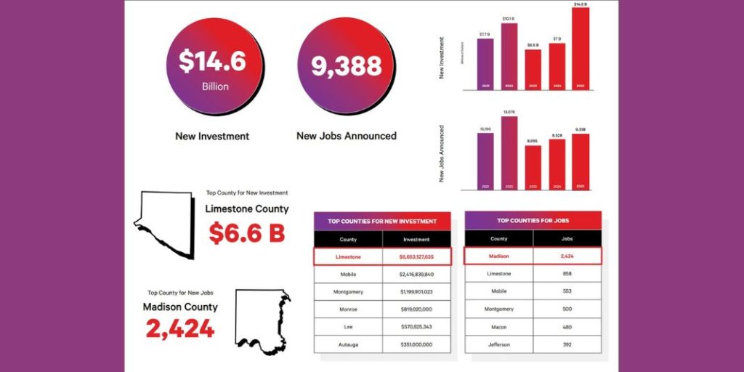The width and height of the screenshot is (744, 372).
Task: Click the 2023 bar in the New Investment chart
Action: [x=533, y=70]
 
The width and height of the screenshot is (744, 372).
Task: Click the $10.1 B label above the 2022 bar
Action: [x=509, y=19]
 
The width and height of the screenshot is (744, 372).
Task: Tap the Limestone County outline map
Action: [x=166, y=222]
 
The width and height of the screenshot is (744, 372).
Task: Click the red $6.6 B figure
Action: [x=246, y=233]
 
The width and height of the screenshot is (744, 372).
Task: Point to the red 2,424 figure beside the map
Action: [x=180, y=328]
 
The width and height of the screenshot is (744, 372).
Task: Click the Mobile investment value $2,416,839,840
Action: [x=416, y=274]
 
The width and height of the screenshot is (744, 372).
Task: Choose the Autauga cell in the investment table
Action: [x=348, y=344]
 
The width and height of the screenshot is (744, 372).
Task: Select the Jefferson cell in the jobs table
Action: [x=498, y=344]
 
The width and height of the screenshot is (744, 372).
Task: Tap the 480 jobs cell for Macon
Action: [x=567, y=326]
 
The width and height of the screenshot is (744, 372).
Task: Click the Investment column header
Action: [x=416, y=239]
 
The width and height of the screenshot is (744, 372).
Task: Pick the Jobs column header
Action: [x=567, y=238]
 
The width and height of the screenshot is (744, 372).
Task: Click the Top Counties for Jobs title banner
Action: [x=533, y=220]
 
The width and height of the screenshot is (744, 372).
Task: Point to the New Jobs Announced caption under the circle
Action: [x=347, y=136]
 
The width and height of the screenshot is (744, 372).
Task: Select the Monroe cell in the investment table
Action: [x=348, y=309]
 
